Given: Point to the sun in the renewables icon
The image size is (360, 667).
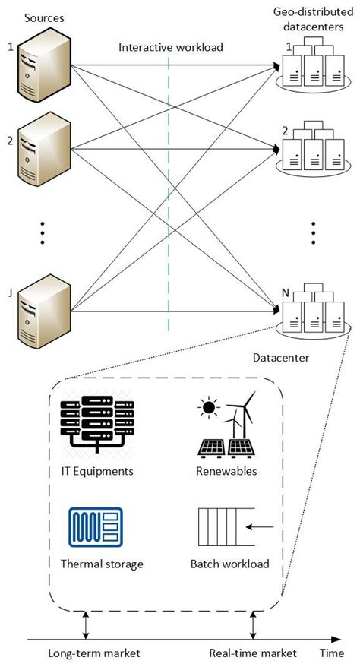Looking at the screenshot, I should [x=207, y=409].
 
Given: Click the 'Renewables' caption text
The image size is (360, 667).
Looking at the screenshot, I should [x=225, y=471].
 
